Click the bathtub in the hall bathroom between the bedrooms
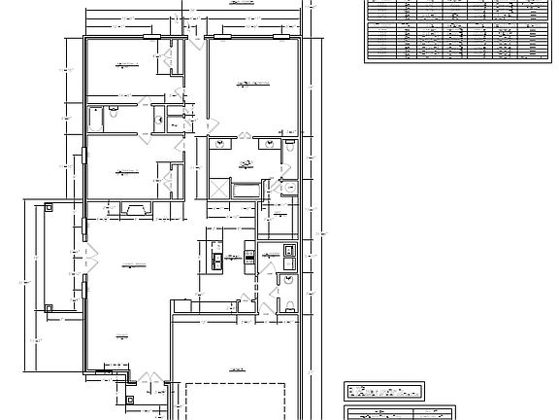[95, 119]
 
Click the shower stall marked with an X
[219, 189]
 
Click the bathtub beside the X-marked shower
[245, 189]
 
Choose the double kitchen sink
[217, 258]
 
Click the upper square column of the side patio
[48, 206]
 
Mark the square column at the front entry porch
[130, 397]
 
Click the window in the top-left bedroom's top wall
[152, 37]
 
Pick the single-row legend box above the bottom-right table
[385, 391]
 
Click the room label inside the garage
[236, 370]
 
